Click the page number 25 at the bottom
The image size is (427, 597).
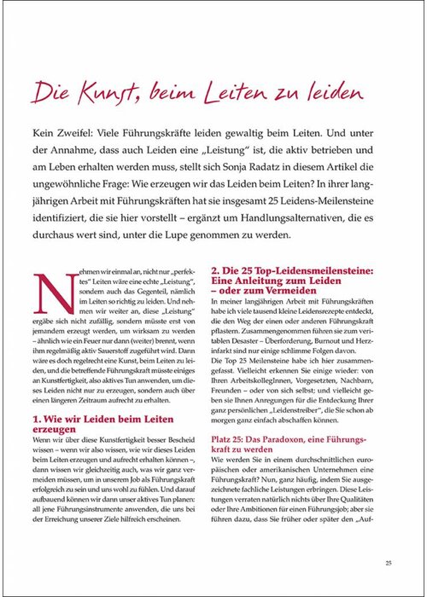[x=388, y=562]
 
